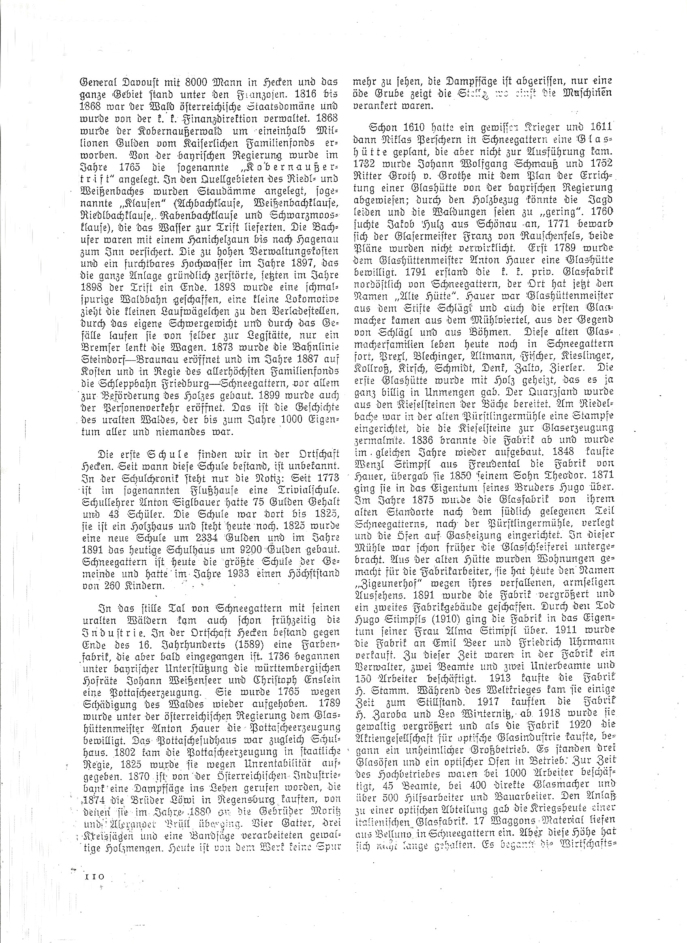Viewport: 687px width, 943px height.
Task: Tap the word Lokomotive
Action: coord(311,299)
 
